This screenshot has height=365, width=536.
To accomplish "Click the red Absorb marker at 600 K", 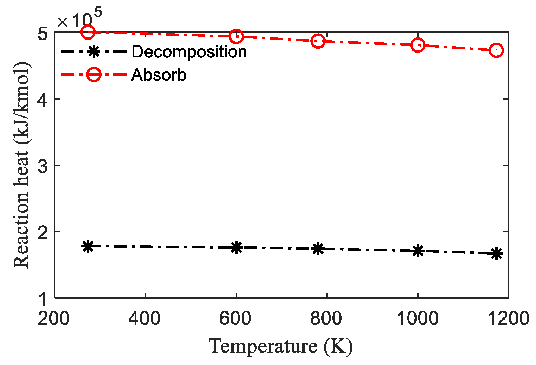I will [x=236, y=36].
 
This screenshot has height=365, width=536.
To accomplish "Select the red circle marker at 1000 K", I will [x=418, y=45].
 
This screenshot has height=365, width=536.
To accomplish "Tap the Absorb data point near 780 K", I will [x=318, y=41].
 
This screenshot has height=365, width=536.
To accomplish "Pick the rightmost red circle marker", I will [x=496, y=50].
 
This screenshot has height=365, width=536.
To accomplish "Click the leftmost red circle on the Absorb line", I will [x=88, y=32].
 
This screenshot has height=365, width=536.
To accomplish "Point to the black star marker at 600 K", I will [x=236, y=247].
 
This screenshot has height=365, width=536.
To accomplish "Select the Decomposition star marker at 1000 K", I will [x=418, y=251].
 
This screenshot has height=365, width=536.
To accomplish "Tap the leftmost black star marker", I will [x=88, y=246].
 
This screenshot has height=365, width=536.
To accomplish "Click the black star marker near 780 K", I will [x=318, y=249].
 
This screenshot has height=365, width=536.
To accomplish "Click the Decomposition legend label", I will [x=189, y=52].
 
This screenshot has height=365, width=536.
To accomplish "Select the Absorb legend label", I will [x=159, y=75].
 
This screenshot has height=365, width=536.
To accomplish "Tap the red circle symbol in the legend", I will [x=94, y=75].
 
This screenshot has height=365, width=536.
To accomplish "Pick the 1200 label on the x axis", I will [x=508, y=319].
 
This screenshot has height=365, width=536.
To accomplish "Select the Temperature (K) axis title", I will [x=281, y=347].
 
